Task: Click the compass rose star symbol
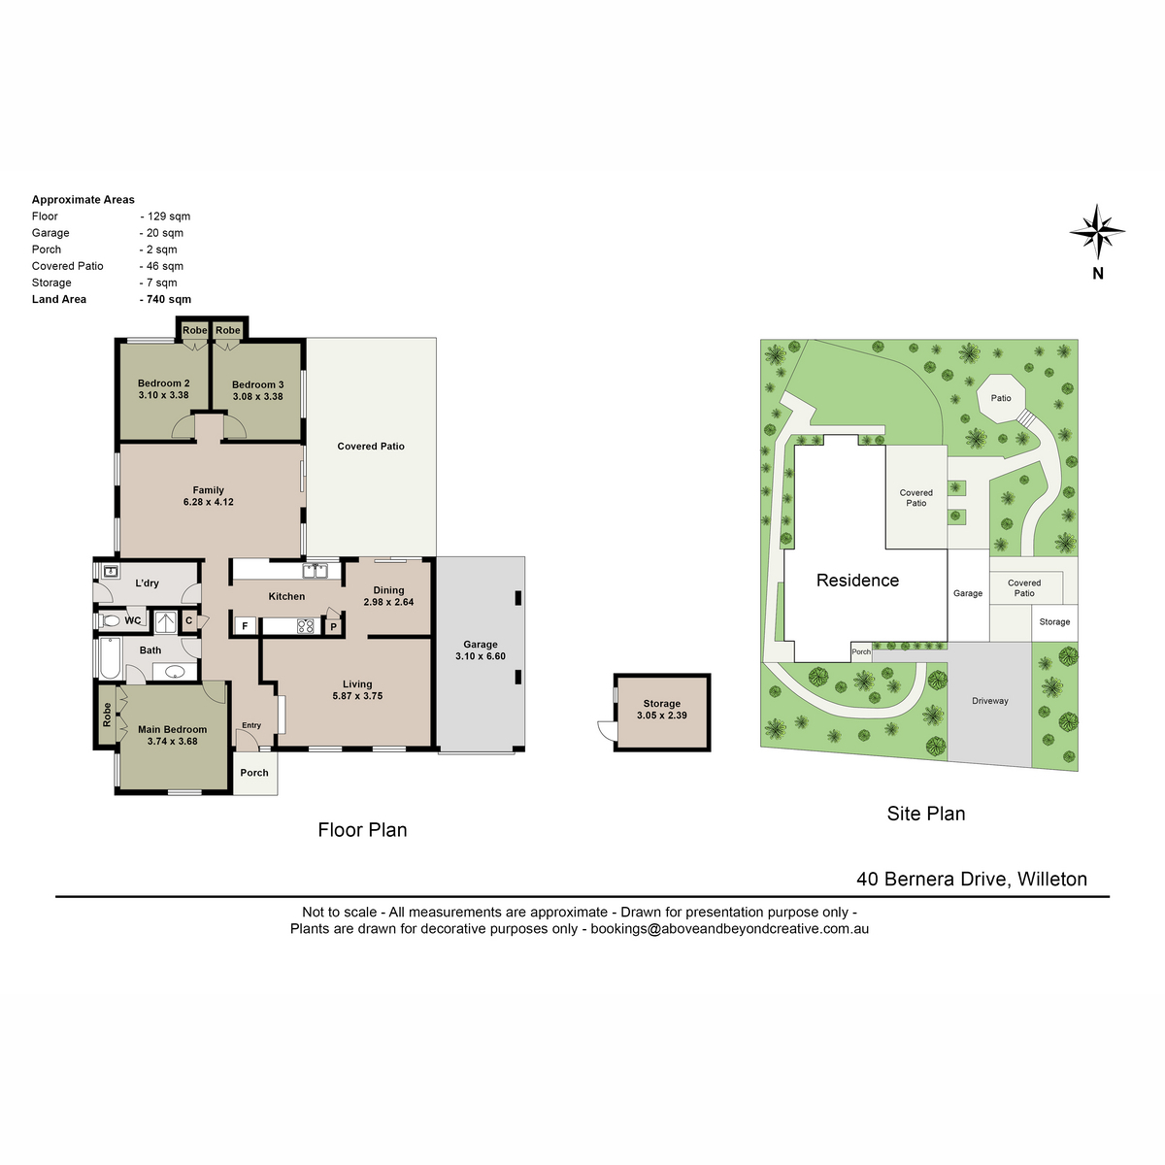coord(1096,232)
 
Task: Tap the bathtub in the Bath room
coord(110,657)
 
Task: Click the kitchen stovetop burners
coord(305,626)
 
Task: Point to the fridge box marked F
coord(245,626)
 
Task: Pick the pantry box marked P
coord(333,626)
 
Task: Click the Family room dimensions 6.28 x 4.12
coord(208,502)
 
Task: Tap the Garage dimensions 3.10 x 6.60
coord(480,656)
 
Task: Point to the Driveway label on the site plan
coord(989,701)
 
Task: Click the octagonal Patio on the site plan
coord(1001,398)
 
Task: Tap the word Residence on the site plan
coord(857,580)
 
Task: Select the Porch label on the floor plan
coord(254,773)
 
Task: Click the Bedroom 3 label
coord(257,384)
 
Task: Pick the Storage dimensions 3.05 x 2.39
coord(661,716)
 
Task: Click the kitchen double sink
coord(315,570)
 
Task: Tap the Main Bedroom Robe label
coord(107,714)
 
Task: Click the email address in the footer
coord(729,929)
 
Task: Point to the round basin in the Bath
coord(175,671)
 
